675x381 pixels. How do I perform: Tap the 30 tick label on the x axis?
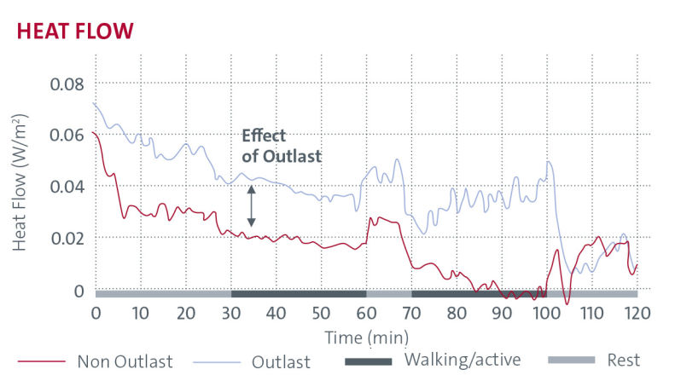click(231, 312)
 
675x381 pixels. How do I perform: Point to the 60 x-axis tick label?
click(367, 312)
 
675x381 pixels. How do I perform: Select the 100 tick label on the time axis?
click(547, 312)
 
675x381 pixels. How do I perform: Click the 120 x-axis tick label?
click(637, 312)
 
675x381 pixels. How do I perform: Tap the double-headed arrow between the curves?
click(251, 206)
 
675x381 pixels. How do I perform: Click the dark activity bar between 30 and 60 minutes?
click(299, 294)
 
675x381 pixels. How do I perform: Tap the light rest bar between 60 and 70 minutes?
click(389, 294)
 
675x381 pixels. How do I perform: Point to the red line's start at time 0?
click(93, 133)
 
